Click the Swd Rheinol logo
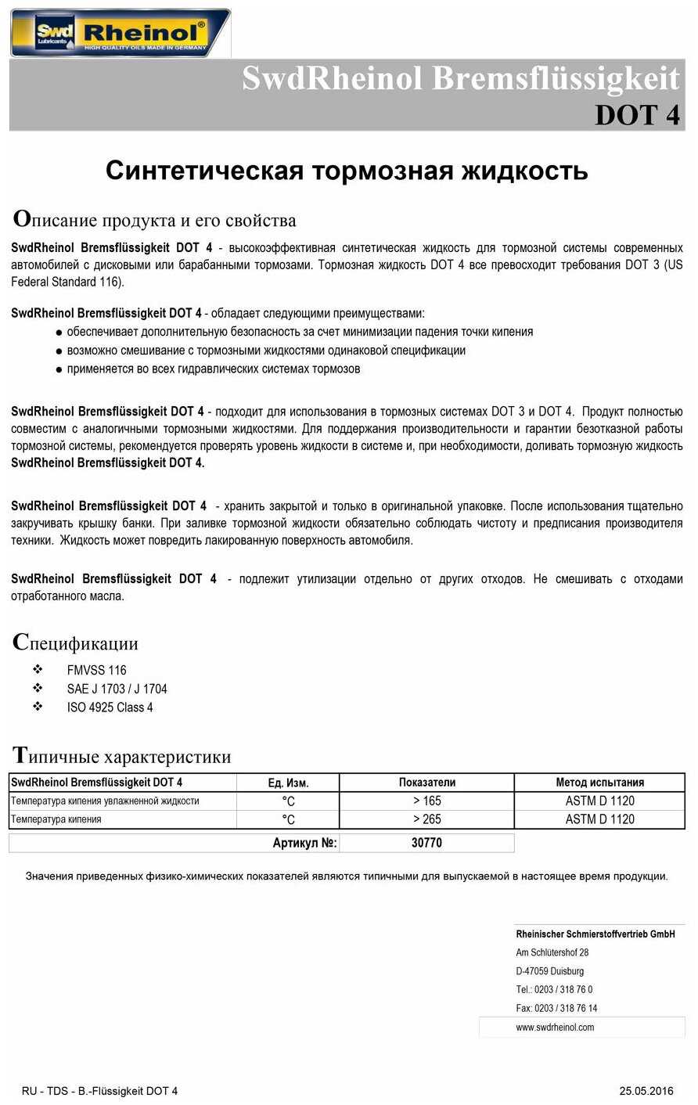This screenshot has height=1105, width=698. point(121,33)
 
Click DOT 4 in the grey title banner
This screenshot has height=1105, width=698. point(637,114)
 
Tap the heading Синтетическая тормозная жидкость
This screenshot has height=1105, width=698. point(347,170)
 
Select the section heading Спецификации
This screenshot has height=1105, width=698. point(76,643)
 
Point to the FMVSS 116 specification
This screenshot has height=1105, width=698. point(96,670)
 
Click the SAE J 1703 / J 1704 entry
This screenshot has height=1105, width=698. point(117,689)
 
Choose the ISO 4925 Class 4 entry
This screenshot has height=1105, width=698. point(110,707)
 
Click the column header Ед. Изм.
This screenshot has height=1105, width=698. point(288,783)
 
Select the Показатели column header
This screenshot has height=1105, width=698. point(426,783)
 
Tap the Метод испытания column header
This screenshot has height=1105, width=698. point(599,783)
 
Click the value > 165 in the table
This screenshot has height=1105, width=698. point(426,801)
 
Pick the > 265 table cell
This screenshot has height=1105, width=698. point(426,819)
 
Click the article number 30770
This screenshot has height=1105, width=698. point(426,843)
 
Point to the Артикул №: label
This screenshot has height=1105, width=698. point(304,843)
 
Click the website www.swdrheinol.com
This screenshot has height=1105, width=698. point(555,1027)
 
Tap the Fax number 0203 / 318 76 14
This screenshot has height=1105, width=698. point(556,1008)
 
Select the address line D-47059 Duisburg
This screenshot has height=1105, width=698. point(549,971)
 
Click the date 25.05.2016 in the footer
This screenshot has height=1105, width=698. point(646,1091)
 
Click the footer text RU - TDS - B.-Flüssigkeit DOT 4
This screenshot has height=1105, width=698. point(99,1091)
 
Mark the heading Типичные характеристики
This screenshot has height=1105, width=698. point(122,756)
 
